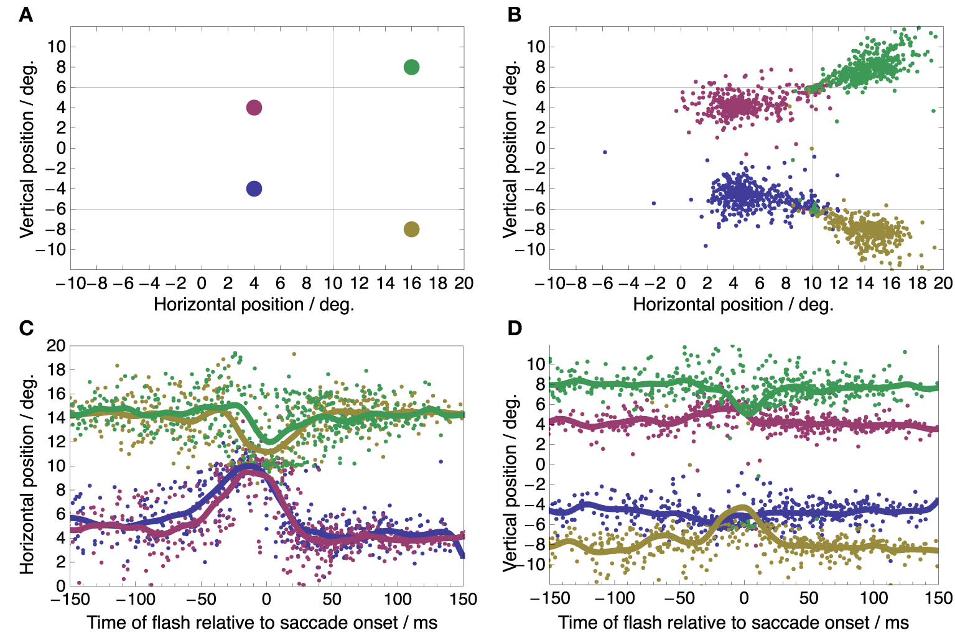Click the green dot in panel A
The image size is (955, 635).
(411, 67)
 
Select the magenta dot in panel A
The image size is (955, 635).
(254, 108)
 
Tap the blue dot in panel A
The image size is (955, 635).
(254, 188)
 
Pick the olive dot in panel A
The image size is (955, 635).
(411, 229)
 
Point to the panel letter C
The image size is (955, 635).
(26, 328)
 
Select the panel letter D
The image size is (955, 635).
(515, 328)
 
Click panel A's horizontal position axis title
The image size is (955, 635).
(254, 304)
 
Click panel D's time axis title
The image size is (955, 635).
(734, 622)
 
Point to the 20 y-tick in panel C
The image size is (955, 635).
(56, 346)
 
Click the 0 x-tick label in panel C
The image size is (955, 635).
(266, 599)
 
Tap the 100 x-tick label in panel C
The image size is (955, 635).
(397, 599)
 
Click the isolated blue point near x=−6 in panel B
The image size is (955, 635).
(605, 152)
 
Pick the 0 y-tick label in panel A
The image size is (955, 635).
(60, 148)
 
